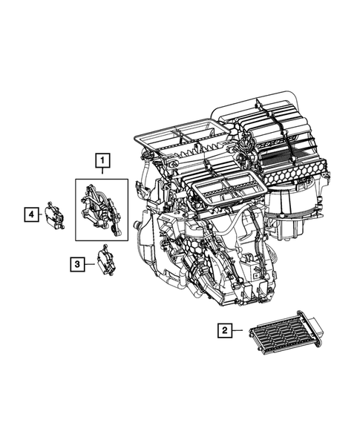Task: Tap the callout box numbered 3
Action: (x=76, y=263)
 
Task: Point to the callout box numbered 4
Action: (x=30, y=214)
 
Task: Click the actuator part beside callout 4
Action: (x=54, y=214)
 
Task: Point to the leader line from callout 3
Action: (x=86, y=263)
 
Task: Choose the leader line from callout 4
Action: (x=41, y=214)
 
